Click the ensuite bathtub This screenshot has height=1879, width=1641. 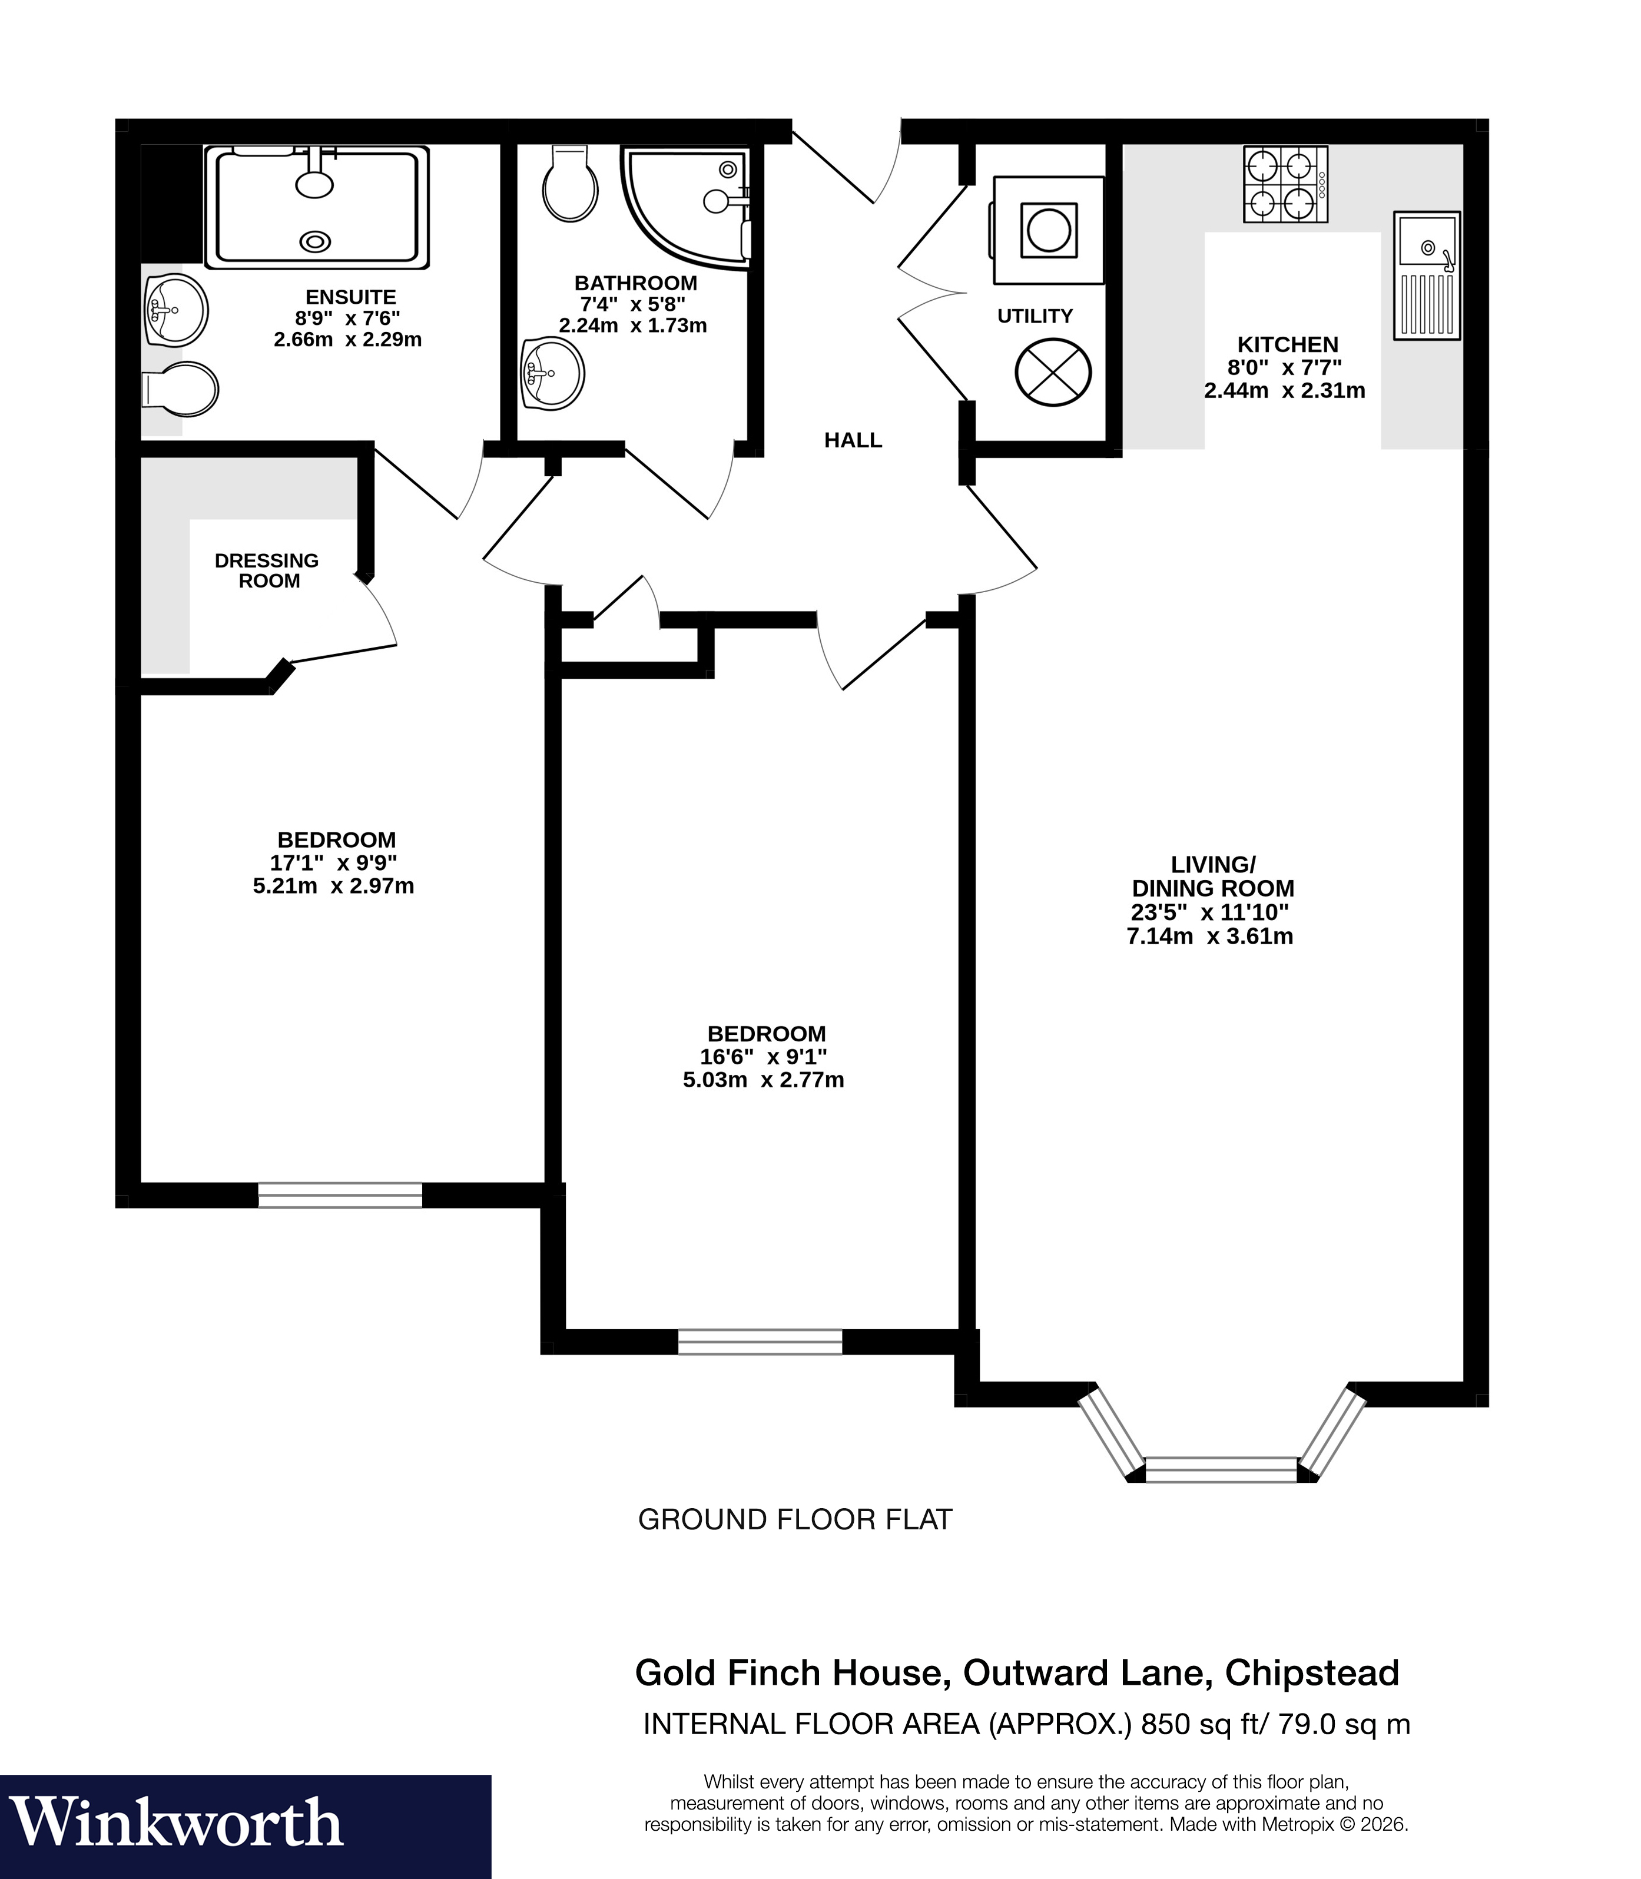pos(317,208)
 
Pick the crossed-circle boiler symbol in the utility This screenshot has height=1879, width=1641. pos(1053,372)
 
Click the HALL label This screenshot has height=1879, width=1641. pos(853,440)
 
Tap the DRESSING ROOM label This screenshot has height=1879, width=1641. pos(267,570)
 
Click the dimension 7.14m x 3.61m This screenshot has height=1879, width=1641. pos(1209,936)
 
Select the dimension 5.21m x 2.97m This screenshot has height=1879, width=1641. pos(333,885)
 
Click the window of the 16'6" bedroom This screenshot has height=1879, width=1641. pos(759,1342)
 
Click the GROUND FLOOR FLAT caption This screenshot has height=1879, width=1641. pos(794,1520)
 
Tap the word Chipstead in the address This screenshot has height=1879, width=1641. pos(1311,1673)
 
